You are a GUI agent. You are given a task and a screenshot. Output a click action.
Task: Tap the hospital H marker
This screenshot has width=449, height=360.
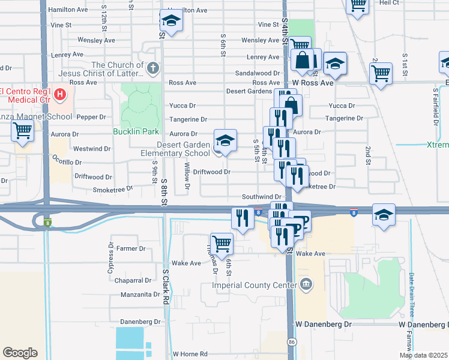click(x=59, y=94)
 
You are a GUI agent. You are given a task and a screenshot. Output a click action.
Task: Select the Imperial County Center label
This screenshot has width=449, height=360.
click(x=255, y=284)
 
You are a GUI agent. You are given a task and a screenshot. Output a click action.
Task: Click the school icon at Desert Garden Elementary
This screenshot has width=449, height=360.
click(x=225, y=141)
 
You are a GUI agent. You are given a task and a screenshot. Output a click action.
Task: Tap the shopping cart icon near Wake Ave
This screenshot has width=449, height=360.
click(x=221, y=244)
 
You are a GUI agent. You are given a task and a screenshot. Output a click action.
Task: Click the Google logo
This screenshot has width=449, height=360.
click(x=20, y=352)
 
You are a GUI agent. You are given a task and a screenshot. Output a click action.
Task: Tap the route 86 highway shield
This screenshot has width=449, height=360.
click(x=291, y=341)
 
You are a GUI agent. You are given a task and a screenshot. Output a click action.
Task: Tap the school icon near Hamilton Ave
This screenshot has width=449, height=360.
click(x=171, y=22)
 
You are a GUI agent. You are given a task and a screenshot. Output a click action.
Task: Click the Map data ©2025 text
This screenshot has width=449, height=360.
click(x=423, y=355)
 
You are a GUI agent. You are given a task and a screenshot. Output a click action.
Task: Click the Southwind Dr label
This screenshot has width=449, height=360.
click(x=262, y=197)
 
